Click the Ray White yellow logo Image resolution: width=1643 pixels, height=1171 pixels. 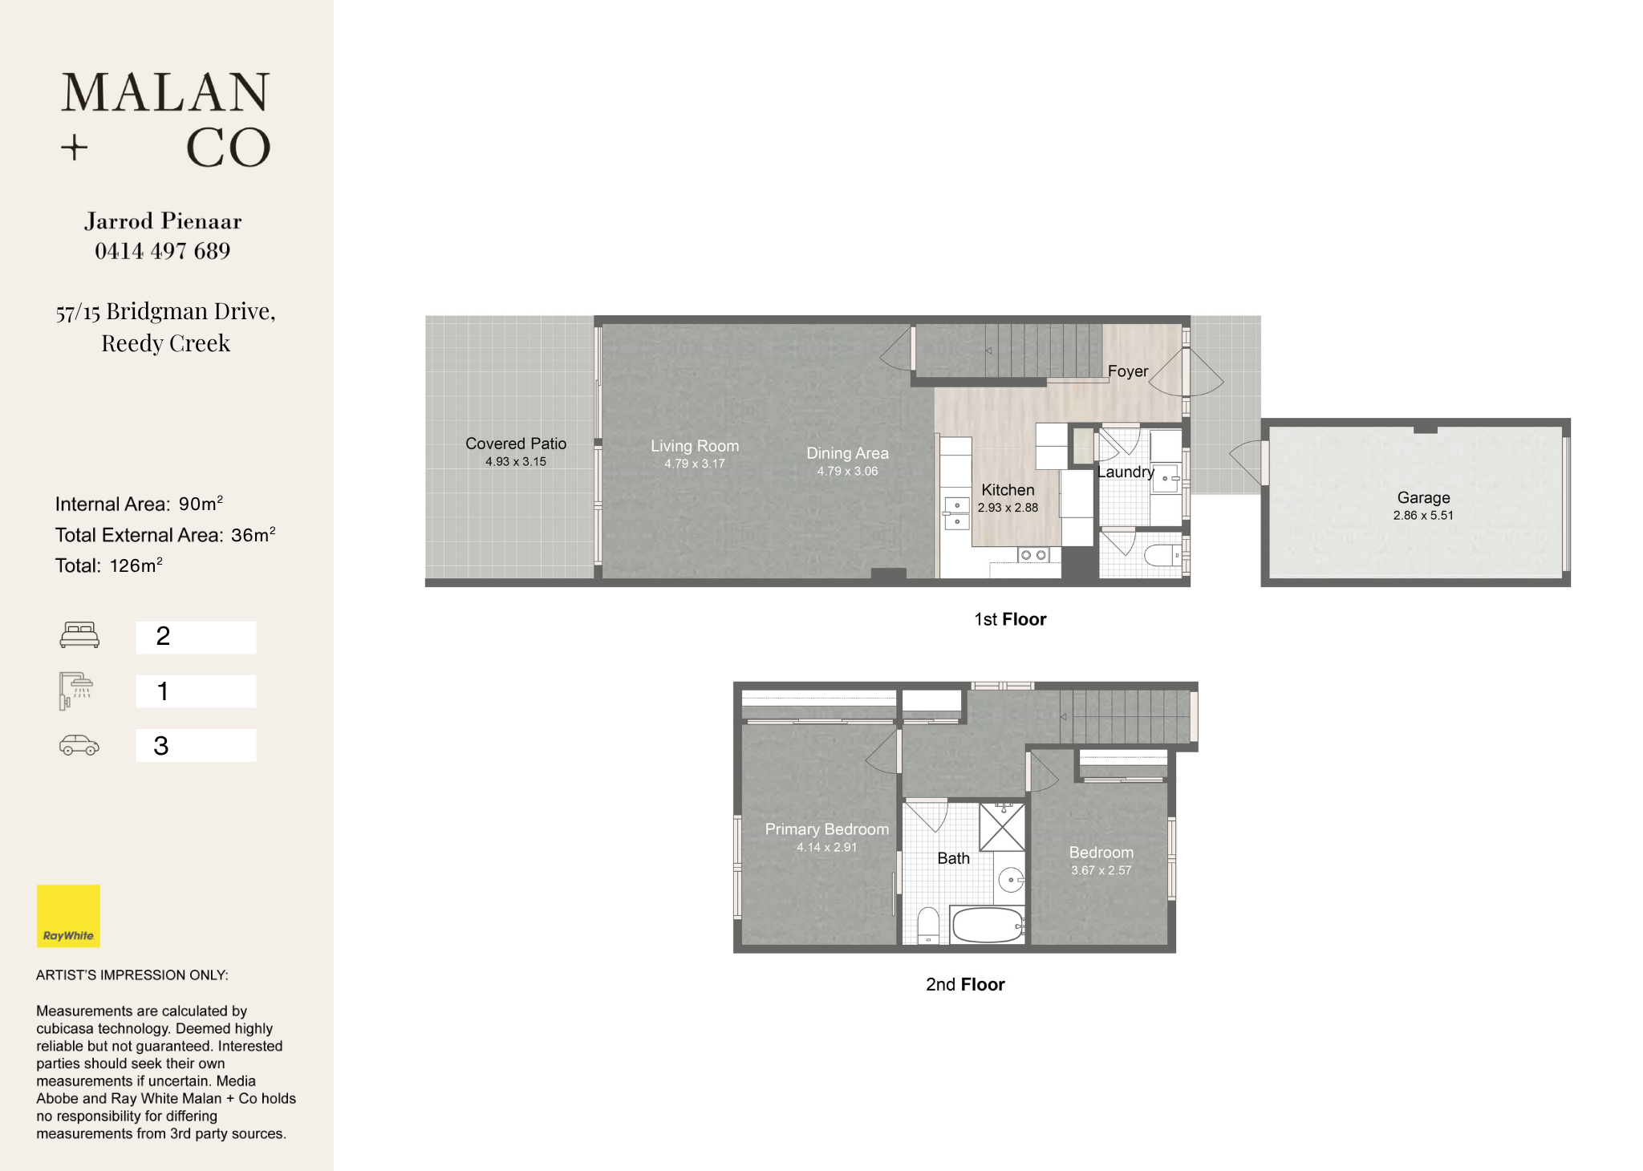click(68, 916)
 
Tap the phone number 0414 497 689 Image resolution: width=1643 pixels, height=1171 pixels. click(163, 251)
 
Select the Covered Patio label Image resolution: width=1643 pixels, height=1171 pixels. click(516, 444)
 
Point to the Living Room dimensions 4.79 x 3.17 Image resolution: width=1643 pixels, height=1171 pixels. click(695, 464)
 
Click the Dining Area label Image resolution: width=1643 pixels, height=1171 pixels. click(847, 453)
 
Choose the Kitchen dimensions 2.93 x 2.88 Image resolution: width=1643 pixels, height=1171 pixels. click(1008, 508)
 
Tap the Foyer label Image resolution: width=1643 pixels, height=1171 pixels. click(1128, 371)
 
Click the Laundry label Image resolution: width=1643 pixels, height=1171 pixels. click(1126, 472)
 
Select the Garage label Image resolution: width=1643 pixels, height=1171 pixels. click(1424, 498)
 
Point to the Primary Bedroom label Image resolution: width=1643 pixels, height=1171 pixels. click(827, 829)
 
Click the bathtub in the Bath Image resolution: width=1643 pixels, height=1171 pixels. click(987, 925)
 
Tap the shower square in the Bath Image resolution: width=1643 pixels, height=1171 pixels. click(1002, 827)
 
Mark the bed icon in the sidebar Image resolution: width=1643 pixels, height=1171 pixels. click(79, 635)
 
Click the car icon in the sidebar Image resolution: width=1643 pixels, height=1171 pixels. click(79, 746)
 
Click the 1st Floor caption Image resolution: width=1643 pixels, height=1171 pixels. click(1010, 619)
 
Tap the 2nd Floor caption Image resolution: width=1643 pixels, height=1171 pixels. click(965, 984)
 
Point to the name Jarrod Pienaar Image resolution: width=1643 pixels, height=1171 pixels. click(163, 221)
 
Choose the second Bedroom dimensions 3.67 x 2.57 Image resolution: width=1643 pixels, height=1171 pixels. click(1101, 870)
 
